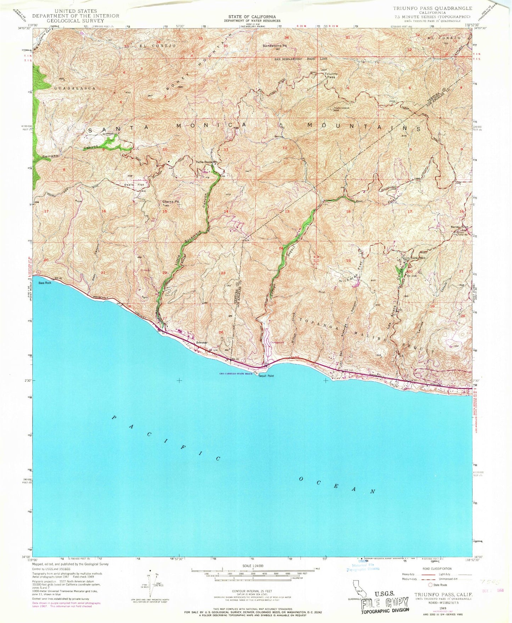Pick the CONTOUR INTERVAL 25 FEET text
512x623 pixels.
pyautogui.click(x=252, y=591)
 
